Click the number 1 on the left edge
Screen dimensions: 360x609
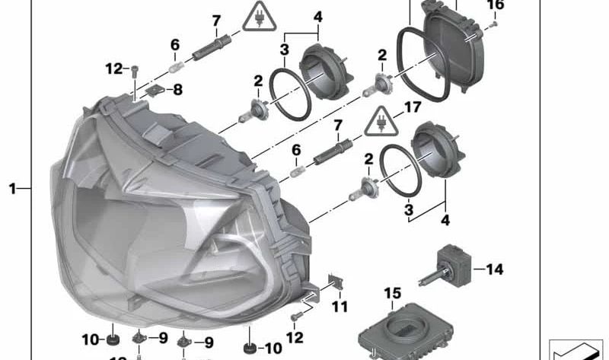tap(12, 187)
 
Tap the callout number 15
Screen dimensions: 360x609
tap(391, 293)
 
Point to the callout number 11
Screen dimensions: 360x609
tap(340, 307)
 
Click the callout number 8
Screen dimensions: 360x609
tap(177, 90)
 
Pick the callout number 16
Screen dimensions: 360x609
tap(495, 5)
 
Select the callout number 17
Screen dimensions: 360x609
tap(412, 108)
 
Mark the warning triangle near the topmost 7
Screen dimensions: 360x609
tap(257, 17)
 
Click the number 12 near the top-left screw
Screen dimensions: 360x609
tap(114, 69)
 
